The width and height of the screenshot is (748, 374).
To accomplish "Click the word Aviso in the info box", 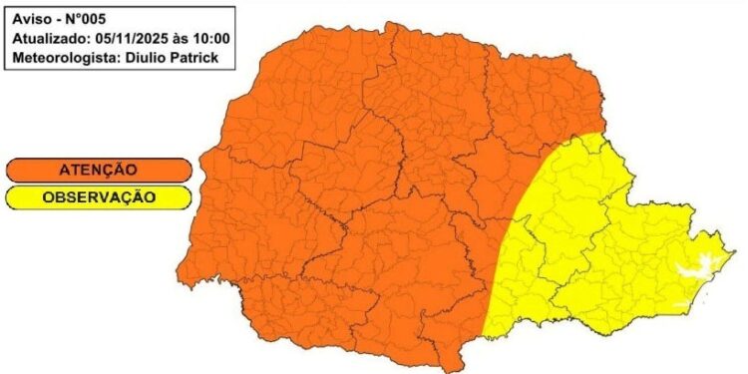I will tap(31, 19).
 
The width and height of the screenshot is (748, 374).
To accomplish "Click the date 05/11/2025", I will tap(137, 39).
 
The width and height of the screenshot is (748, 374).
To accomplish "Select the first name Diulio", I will tap(153, 59).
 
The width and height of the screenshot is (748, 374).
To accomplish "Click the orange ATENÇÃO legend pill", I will tap(98, 171).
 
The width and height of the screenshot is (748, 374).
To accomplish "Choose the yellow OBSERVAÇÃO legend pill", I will tap(98, 197).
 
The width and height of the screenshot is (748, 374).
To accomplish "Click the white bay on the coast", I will tap(697, 265).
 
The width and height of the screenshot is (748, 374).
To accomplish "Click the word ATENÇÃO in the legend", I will tap(98, 171).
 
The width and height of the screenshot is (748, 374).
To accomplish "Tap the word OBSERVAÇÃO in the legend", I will tap(98, 197).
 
